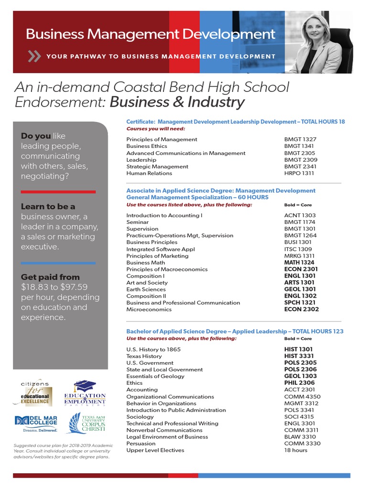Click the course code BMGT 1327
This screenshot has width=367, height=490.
coord(301,139)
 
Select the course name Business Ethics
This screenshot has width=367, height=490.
coord(147,146)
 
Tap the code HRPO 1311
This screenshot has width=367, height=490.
coord(299,173)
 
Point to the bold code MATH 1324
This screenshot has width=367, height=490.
coord(300,262)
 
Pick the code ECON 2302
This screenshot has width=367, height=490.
coord(302,309)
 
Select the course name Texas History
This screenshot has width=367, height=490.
coord(144,356)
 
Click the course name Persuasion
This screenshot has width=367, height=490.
coord(141,443)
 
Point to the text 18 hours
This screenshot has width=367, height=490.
coord(296,450)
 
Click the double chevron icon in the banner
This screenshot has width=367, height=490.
coord(34,56)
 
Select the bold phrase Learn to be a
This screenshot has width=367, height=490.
coord(48,207)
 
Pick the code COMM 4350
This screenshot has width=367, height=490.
coord(302,396)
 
